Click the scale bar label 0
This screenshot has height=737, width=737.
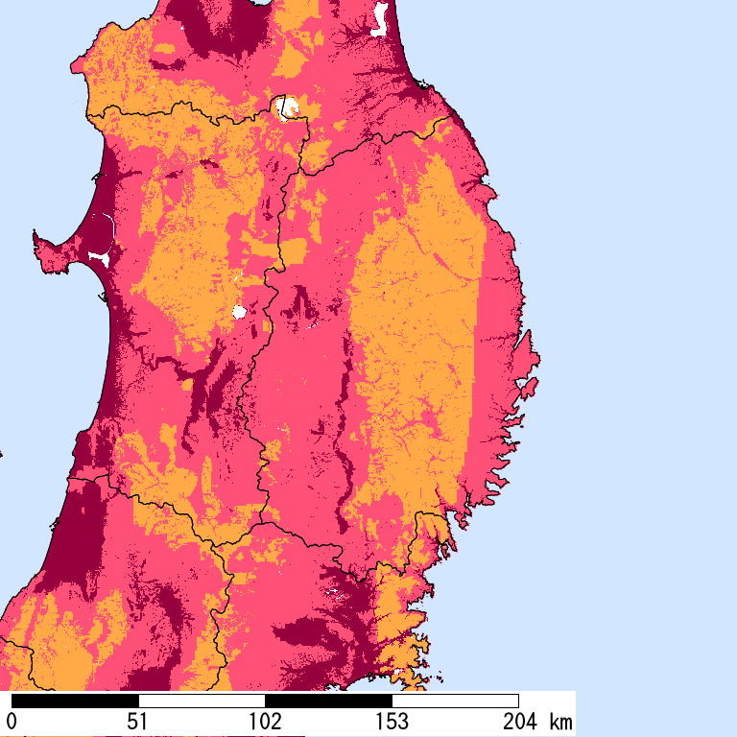12,721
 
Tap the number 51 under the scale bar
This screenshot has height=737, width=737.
137,721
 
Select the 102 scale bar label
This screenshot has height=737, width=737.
265,721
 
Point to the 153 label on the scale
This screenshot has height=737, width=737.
392,721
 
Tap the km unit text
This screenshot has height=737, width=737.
561,721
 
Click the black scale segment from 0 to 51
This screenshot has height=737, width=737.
75,701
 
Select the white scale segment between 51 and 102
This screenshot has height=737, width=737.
202,701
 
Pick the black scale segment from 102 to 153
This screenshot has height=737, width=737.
328,701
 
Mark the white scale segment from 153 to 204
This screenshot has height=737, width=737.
455,701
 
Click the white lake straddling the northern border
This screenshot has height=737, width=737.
286,107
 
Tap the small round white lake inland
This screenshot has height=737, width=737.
239,311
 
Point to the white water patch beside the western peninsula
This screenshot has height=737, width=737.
98,256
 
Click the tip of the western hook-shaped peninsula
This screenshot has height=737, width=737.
36,233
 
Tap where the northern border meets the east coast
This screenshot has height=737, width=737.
448,118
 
